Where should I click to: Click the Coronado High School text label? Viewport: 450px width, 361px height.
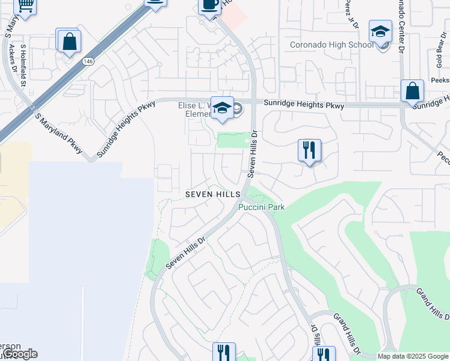point(331,45)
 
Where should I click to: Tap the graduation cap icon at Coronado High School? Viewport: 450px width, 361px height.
point(380,31)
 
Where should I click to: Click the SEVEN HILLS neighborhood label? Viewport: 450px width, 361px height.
point(213,194)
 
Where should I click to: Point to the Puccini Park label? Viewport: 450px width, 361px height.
point(261,207)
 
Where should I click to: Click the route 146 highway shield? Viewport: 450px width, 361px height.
point(88,61)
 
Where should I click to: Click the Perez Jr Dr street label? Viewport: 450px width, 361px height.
point(351,14)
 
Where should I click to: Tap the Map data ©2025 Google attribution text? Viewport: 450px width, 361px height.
point(413,357)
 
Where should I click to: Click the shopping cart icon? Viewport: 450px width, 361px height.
point(25,5)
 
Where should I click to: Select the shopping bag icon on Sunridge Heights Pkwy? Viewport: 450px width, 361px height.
point(413,92)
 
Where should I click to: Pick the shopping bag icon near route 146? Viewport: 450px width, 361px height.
point(70,42)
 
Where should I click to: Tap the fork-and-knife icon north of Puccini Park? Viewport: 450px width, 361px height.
point(309,150)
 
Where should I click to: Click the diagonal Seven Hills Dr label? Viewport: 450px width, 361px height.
point(186,251)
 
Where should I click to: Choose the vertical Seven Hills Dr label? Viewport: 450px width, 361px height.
point(253,154)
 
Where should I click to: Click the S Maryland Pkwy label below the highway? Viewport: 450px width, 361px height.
point(58,134)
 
